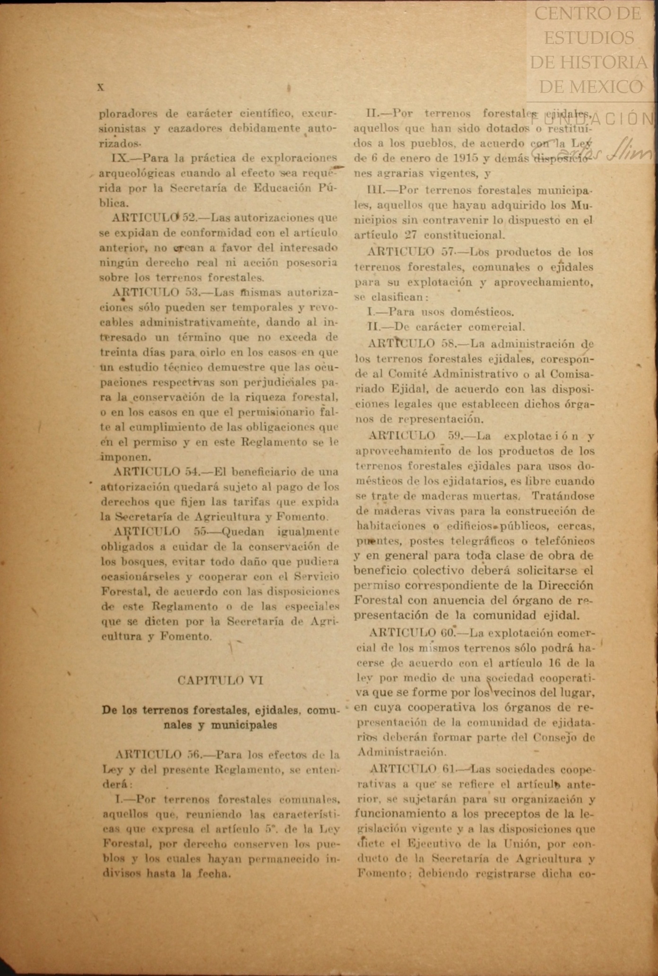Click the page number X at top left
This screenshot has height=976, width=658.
tap(100, 87)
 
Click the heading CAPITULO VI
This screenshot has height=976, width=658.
tap(220, 680)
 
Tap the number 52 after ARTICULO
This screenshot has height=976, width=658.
tap(190, 218)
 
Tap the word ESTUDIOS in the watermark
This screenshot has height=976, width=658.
tap(589, 38)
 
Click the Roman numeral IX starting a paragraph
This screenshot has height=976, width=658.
tap(117, 157)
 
